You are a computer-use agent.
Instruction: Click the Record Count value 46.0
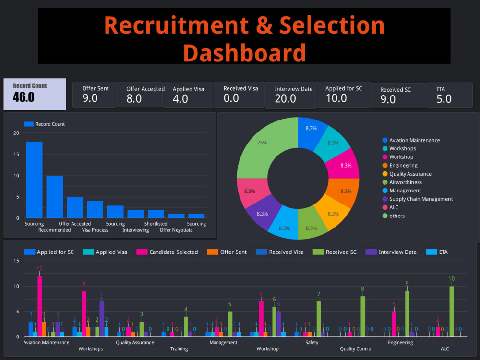coord(24,97)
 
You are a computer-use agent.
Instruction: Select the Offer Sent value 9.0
coord(90,98)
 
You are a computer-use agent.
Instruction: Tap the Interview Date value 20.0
coord(285,99)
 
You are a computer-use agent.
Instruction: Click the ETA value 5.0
coord(444,99)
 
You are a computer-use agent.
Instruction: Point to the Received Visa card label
coord(240,88)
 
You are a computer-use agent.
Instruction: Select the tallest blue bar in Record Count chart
coord(34,180)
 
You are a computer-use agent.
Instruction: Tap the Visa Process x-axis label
coord(95,230)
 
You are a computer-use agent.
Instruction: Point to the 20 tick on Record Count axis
coord(16,133)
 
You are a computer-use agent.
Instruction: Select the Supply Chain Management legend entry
coord(420,199)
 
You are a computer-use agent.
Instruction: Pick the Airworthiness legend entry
coord(405,182)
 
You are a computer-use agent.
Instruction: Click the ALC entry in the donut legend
coord(394,207)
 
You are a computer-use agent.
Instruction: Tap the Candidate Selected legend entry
coord(173,252)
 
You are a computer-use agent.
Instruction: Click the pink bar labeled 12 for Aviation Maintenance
coord(40,306)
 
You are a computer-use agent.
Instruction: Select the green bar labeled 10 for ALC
coord(451,312)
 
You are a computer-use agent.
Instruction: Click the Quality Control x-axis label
coord(356,349)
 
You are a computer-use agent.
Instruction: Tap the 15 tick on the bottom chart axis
coord(16,261)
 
